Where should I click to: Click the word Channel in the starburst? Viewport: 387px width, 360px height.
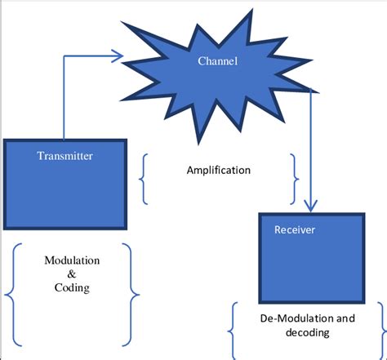217,60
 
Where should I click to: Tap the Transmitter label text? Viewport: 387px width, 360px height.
64,156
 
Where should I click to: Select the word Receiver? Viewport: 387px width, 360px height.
295,229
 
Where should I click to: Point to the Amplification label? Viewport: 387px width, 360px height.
219,171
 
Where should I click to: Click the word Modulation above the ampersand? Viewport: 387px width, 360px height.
72,260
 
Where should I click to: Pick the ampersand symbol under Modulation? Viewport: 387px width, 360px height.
72,273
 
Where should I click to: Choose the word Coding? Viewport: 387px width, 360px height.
72,288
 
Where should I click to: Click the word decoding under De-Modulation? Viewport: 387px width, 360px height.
308,332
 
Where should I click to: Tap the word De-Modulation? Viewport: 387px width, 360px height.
297,318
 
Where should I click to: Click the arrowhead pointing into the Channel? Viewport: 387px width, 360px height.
118,56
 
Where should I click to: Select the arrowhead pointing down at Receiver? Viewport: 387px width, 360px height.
310,206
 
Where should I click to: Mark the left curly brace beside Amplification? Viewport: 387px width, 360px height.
144,179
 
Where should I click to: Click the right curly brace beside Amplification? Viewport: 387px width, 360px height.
295,179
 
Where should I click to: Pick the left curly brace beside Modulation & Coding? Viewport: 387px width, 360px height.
13,295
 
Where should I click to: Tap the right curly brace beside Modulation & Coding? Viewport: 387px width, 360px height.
131,295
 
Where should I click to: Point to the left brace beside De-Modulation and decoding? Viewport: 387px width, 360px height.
232,331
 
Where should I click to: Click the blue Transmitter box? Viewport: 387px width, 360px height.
65,184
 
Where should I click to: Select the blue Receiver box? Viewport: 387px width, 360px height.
312,258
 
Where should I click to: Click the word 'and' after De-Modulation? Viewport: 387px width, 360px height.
345,318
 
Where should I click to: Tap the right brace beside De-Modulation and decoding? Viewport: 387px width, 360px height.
382,331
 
